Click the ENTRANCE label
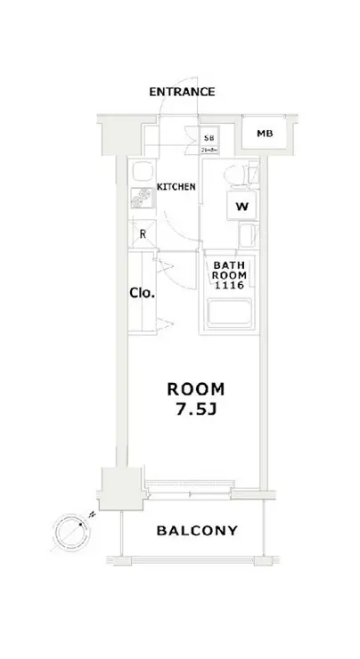coord(182,92)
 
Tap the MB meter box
coord(264,134)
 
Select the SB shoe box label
coord(209,138)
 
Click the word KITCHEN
coord(176,187)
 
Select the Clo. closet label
coord(143,291)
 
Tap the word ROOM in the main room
coord(197,389)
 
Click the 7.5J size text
coord(197,411)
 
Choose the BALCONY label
coord(197,532)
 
